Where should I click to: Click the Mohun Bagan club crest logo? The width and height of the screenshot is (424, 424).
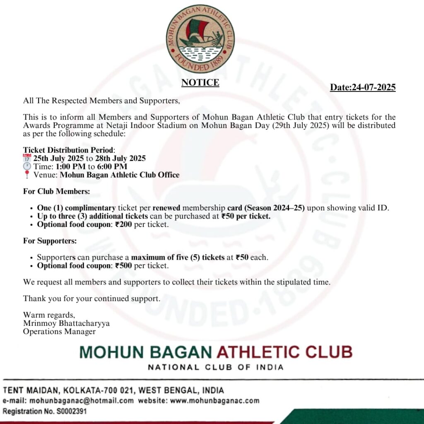pyautogui.click(x=200, y=39)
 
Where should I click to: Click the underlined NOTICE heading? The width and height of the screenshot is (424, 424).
pyautogui.click(x=200, y=83)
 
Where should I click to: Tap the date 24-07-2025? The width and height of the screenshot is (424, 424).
pyautogui.click(x=373, y=87)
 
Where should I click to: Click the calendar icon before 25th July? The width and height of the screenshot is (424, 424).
pyautogui.click(x=27, y=158)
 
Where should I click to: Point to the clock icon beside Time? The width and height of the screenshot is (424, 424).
pyautogui.click(x=27, y=166)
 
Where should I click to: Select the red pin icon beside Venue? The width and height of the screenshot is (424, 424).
pyautogui.click(x=27, y=175)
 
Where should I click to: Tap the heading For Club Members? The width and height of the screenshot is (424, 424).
pyautogui.click(x=56, y=192)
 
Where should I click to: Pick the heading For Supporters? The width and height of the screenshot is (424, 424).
pyautogui.click(x=50, y=241)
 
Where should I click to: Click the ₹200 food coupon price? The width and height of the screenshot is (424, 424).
pyautogui.click(x=123, y=224)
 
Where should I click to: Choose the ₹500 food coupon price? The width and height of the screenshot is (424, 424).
pyautogui.click(x=123, y=265)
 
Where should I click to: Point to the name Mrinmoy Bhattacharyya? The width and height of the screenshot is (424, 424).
pyautogui.click(x=66, y=323)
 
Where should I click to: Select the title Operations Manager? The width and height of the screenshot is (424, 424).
pyautogui.click(x=59, y=331)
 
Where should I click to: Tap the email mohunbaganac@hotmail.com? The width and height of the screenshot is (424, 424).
pyautogui.click(x=81, y=400)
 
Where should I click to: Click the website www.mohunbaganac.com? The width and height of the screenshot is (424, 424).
pyautogui.click(x=215, y=400)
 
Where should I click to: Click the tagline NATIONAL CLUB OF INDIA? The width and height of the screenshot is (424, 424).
pyautogui.click(x=216, y=367)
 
